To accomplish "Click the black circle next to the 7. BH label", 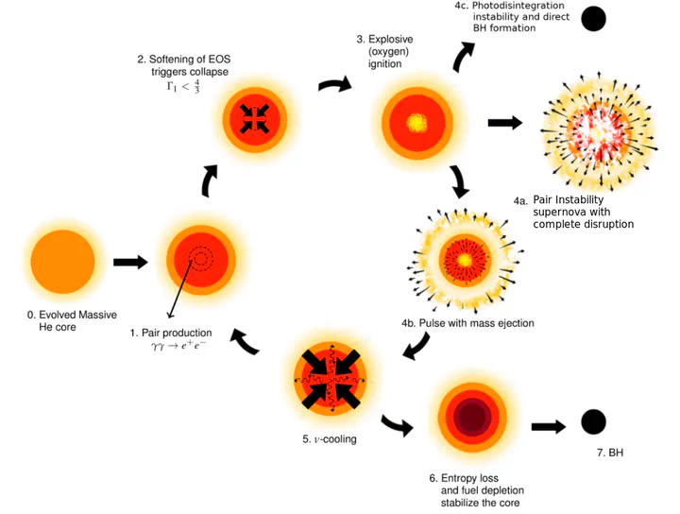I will coord(593,422).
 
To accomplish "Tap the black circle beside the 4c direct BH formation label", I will coord(594,18).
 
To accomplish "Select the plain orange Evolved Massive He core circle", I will coord(62,263).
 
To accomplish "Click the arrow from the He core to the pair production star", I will coord(130,262).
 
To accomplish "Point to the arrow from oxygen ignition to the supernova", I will coord(504,123).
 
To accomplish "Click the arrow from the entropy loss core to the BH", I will coord(549,426).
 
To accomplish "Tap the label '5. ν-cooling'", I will coord(330,439).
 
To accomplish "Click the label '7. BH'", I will coord(610,454).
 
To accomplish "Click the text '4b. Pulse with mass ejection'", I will coord(467,323).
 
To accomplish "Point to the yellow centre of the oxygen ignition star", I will coord(416,123).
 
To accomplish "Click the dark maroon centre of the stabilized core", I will coord(472,415).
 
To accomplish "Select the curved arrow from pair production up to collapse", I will coord(210,180).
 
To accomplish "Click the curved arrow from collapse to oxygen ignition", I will coord(334,85).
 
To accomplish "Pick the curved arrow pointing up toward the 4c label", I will coord(464,57).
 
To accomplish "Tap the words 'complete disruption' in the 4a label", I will coord(583,224).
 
